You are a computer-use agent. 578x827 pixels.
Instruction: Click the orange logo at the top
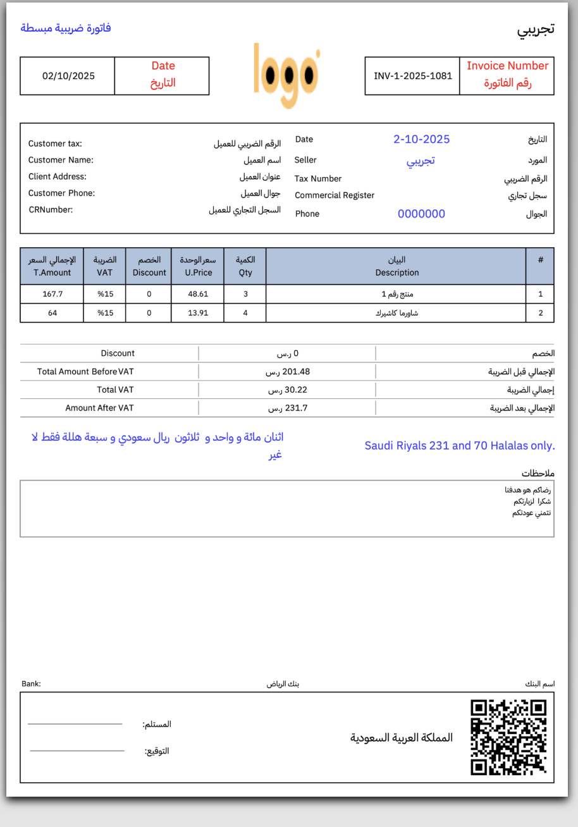click(286, 75)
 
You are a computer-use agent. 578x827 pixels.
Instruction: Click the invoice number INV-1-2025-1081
click(413, 76)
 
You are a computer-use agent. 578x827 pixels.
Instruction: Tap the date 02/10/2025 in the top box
click(68, 76)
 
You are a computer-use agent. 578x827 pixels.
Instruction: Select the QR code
click(508, 737)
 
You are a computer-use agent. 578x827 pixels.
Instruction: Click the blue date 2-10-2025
click(421, 139)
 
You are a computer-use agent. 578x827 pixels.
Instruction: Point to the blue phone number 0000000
click(421, 214)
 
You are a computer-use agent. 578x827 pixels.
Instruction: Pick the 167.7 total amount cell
click(52, 294)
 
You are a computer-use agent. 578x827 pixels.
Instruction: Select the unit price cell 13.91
click(198, 312)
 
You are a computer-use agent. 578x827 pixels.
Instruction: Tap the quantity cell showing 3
click(245, 294)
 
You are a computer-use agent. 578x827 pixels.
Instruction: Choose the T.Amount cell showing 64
click(52, 312)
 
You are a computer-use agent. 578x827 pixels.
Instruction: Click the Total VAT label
click(115, 389)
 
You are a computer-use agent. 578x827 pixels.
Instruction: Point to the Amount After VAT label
click(99, 408)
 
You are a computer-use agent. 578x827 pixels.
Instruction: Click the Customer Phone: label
click(61, 193)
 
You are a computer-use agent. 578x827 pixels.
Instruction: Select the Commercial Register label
click(335, 195)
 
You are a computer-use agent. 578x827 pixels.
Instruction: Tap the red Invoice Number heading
click(507, 66)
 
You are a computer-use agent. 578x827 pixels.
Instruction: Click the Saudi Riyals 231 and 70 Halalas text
click(459, 446)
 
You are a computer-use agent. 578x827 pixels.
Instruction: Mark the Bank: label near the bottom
click(31, 683)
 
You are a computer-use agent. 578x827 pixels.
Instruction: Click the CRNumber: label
click(51, 209)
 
